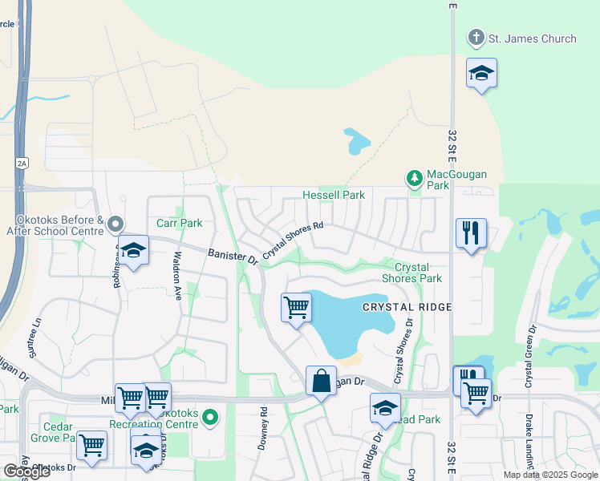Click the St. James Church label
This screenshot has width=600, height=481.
533,38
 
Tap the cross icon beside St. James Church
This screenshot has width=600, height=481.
476,38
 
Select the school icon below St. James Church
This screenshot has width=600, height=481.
481,74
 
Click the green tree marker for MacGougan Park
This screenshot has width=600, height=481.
415,178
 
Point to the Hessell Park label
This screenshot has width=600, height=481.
333,195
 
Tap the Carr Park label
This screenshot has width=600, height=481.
179,223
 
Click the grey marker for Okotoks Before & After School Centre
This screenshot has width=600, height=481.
116,224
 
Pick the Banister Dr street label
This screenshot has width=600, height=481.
232,256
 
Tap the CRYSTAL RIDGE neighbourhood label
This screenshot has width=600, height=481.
407,307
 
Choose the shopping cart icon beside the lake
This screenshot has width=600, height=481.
296,307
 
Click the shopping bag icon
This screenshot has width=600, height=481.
321,381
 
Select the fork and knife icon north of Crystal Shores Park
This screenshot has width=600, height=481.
470,233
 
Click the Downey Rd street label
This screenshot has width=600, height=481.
262,428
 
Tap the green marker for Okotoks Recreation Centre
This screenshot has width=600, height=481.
210,417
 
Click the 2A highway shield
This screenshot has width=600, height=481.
21,163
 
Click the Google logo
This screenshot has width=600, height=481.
26,471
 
